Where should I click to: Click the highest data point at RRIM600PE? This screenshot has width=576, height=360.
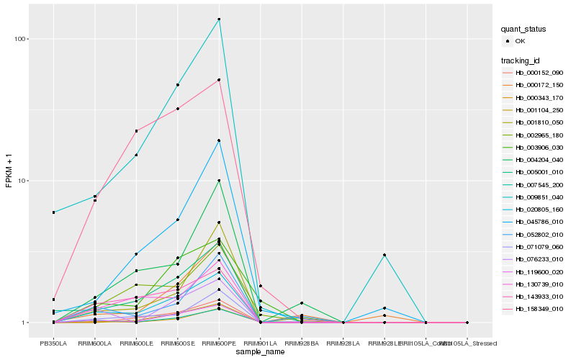(219, 19)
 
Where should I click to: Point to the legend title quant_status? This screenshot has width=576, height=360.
(524, 29)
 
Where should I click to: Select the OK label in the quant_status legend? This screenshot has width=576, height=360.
(520, 41)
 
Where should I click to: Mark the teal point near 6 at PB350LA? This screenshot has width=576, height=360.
(53, 212)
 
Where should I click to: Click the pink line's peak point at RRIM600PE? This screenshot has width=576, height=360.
(219, 80)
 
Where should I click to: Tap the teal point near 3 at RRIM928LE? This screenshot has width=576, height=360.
(384, 255)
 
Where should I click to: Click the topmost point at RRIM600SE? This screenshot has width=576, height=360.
(177, 85)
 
